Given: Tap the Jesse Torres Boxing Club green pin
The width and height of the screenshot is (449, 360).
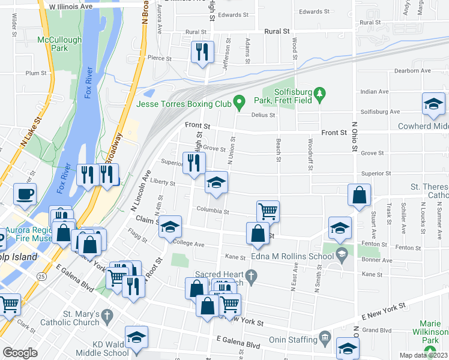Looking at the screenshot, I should (239, 101).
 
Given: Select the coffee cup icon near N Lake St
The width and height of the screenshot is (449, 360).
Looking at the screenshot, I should (25, 194).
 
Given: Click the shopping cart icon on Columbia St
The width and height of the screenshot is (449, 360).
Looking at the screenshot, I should (268, 211).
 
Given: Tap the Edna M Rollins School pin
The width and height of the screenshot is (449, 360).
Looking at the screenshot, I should (342, 253).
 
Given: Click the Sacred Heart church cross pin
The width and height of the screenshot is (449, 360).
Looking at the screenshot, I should (253, 275).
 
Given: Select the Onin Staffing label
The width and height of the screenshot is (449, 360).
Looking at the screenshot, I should (292, 338).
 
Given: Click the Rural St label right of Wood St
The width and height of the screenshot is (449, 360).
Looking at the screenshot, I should (277, 31).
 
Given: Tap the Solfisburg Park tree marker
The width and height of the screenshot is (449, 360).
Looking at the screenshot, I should (319, 94).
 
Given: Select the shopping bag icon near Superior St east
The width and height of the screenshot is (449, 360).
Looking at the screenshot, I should (360, 195).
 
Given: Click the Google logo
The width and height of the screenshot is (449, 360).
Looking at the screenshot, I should (20, 353).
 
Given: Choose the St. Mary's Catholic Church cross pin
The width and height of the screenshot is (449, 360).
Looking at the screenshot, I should (106, 316).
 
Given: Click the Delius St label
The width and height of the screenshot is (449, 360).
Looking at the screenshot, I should (263, 115).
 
